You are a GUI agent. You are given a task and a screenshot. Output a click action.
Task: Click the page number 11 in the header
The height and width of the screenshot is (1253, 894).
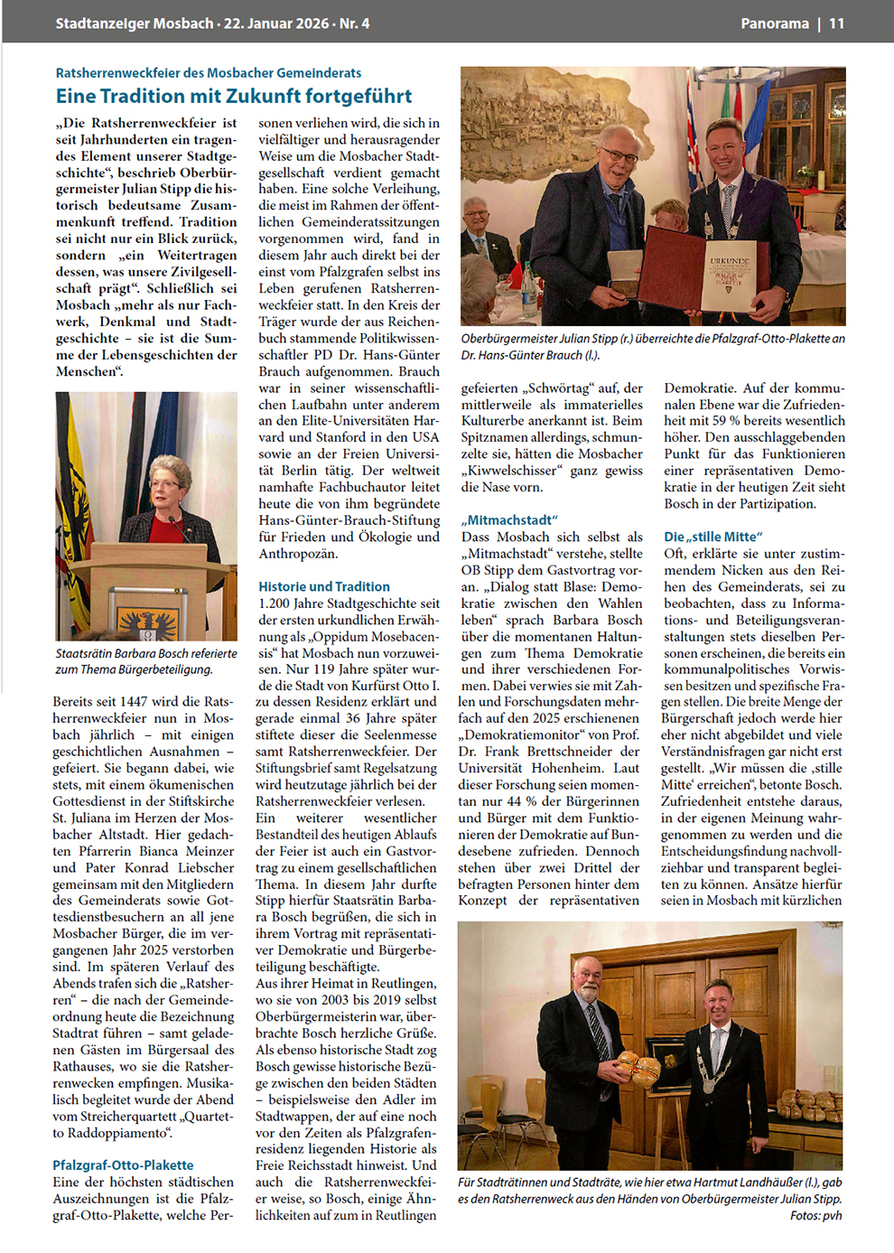[837, 23]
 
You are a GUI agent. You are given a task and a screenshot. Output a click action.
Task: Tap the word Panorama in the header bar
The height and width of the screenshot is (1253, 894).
[775, 23]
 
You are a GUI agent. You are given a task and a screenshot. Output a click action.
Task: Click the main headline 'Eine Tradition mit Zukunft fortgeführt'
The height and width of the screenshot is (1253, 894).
[234, 96]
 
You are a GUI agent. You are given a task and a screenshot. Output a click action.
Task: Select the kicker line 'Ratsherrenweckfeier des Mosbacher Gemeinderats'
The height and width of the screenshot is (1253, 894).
[209, 72]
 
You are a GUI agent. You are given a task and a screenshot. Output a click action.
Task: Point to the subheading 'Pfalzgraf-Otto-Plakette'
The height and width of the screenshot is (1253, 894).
[123, 1164]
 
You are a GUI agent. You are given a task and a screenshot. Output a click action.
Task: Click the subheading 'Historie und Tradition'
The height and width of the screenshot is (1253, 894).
[324, 586]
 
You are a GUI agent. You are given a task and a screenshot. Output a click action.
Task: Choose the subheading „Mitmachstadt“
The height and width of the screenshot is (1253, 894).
[509, 519]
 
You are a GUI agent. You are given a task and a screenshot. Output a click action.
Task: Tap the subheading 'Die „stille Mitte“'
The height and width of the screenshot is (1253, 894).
[712, 537]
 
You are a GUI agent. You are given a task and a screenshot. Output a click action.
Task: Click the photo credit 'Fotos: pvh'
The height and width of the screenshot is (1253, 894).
[815, 1215]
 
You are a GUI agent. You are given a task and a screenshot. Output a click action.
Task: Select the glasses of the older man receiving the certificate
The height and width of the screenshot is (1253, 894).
[621, 156]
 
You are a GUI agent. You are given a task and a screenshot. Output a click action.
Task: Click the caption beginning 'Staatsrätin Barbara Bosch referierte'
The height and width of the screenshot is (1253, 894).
[146, 661]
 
